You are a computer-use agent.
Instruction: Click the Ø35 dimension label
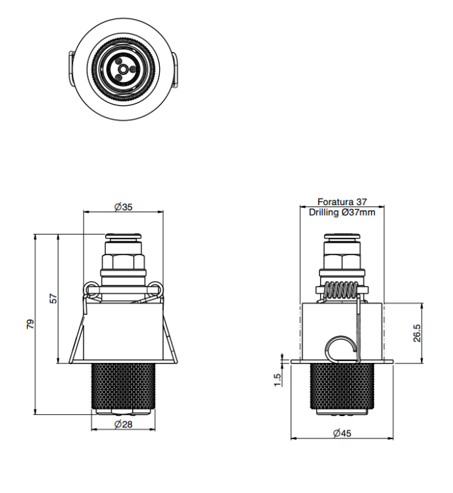pyautogui.click(x=124, y=207)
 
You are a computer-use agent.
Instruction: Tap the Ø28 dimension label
pyautogui.click(x=124, y=424)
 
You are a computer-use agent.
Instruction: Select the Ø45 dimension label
pyautogui.click(x=342, y=433)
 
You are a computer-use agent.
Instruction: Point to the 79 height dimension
pyautogui.click(x=30, y=324)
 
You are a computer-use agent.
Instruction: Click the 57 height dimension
pyautogui.click(x=54, y=298)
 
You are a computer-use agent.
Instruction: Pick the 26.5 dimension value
pyautogui.click(x=416, y=333)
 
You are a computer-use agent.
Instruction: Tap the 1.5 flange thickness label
pyautogui.click(x=277, y=380)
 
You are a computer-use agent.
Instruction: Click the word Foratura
pyautogui.click(x=335, y=202)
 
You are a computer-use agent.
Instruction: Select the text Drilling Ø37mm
pyautogui.click(x=342, y=212)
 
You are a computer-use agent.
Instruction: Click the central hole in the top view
pyautogui.click(x=124, y=68)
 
